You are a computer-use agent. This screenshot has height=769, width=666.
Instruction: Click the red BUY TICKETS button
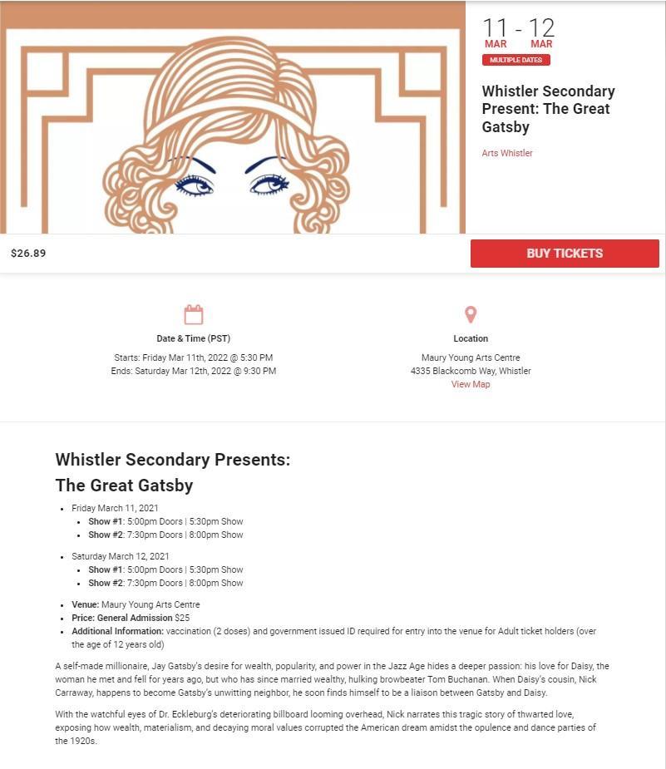565,254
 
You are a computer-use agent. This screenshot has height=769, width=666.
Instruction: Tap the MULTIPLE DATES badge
516,60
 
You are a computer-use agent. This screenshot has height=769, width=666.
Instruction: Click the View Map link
471,384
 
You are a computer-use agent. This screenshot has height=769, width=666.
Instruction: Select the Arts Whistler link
507,153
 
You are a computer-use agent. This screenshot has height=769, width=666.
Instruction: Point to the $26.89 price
28,254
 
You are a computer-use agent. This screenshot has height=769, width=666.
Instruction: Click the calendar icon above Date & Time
194,314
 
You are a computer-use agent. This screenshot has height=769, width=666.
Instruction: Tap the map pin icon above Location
471,314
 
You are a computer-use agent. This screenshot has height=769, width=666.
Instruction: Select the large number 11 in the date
495,27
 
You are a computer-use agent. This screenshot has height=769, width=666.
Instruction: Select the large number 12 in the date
541,27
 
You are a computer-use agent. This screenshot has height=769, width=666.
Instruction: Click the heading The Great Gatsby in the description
124,485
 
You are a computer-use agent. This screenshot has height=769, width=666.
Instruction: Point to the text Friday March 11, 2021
115,508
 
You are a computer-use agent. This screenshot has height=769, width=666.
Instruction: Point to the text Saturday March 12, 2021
121,556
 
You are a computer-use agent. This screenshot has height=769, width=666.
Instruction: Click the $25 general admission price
182,618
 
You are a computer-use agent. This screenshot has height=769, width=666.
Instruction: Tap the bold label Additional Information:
117,631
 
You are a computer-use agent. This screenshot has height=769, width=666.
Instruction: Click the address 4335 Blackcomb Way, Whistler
471,371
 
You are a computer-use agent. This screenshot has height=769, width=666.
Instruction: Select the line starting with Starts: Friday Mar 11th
193,357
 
